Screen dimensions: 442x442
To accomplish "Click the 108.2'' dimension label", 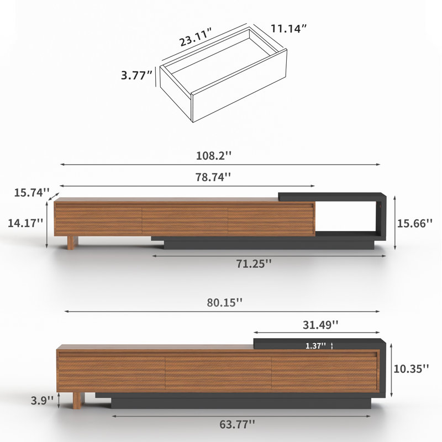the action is pyautogui.click(x=214, y=156).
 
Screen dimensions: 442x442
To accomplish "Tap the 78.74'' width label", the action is pyautogui.click(x=213, y=177).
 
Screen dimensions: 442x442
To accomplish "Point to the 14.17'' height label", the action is pyautogui.click(x=25, y=223).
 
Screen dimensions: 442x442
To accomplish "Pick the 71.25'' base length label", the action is pyautogui.click(x=254, y=264).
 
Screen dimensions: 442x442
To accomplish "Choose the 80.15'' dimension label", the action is pyautogui.click(x=225, y=303).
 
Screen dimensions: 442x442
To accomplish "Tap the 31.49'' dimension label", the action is pyautogui.click(x=320, y=325).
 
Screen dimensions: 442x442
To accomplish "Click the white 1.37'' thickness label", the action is pyautogui.click(x=315, y=346).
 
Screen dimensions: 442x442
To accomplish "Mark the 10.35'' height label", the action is pyautogui.click(x=411, y=369).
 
